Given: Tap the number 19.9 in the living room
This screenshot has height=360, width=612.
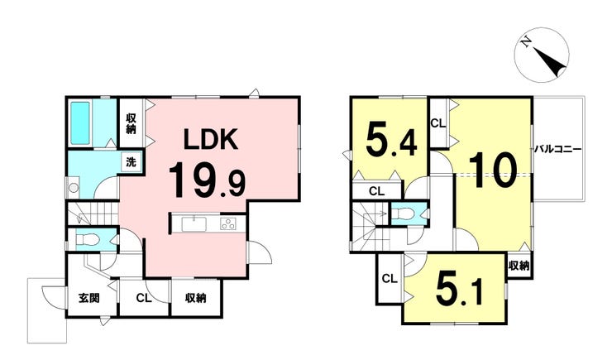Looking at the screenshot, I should tap(206, 177).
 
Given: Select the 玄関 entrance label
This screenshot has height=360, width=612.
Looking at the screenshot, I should tap(89, 298).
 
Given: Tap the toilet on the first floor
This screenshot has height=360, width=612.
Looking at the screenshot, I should tap(87, 239).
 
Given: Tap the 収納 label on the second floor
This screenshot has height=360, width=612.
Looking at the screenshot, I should tap(519, 266).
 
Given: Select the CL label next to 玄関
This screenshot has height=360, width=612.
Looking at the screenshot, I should tap(142, 298).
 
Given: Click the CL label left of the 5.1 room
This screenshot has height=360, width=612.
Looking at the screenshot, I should tap(389, 278).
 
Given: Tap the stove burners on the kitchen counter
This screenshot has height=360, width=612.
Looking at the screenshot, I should tap(227, 224).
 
